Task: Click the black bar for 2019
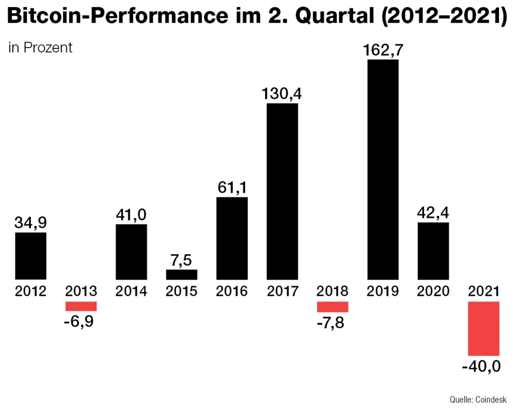(x=383, y=170)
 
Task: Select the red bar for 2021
(x=484, y=328)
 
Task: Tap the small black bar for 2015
(x=181, y=274)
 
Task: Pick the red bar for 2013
(x=81, y=306)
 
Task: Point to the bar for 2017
(x=282, y=191)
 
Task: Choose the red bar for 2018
(x=333, y=307)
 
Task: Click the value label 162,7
(x=383, y=51)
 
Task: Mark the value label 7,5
(x=181, y=261)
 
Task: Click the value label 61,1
(x=232, y=188)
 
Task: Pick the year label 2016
(x=232, y=291)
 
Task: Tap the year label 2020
(x=433, y=291)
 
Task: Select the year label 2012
(x=31, y=291)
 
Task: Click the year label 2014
(x=131, y=291)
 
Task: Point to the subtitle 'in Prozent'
(x=41, y=48)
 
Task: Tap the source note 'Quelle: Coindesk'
(x=478, y=399)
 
